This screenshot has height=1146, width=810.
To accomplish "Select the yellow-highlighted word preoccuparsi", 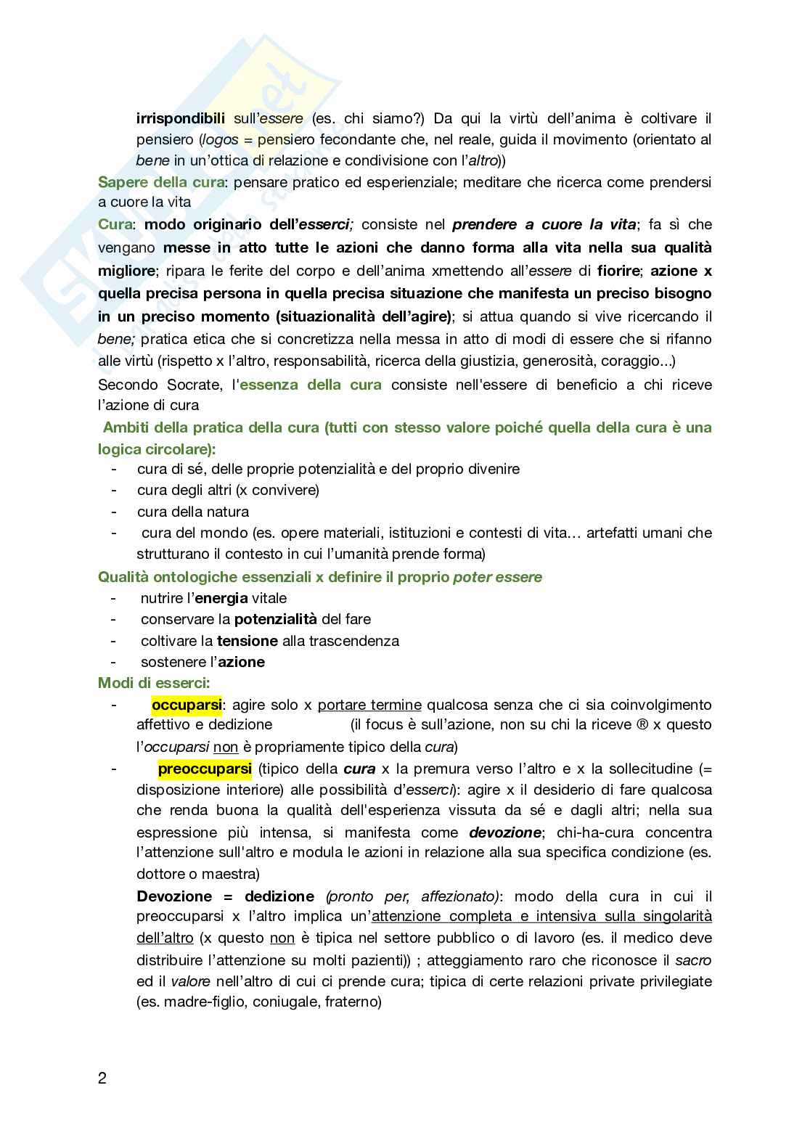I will click(x=205, y=768).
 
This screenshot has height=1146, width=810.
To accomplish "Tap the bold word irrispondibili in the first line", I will click(x=181, y=118).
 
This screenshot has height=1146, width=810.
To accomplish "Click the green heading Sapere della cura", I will click(x=160, y=182).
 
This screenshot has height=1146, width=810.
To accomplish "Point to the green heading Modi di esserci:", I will click(x=154, y=683).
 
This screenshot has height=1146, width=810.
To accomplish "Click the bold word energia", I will click(x=221, y=598).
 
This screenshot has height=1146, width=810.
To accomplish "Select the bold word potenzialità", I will click(x=276, y=619).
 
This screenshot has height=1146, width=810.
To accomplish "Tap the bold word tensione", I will click(x=247, y=641).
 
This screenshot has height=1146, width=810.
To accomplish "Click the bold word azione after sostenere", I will click(x=242, y=662).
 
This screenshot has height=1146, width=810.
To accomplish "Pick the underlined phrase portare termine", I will click(x=369, y=704).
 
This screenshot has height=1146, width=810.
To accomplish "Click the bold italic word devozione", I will click(x=504, y=832).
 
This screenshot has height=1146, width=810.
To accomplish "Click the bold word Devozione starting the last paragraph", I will click(x=174, y=896).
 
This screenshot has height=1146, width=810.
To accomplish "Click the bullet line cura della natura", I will click(x=193, y=512).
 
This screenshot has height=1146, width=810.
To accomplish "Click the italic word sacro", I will click(x=693, y=960).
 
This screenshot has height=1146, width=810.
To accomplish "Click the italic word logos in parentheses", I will click(x=218, y=139).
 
